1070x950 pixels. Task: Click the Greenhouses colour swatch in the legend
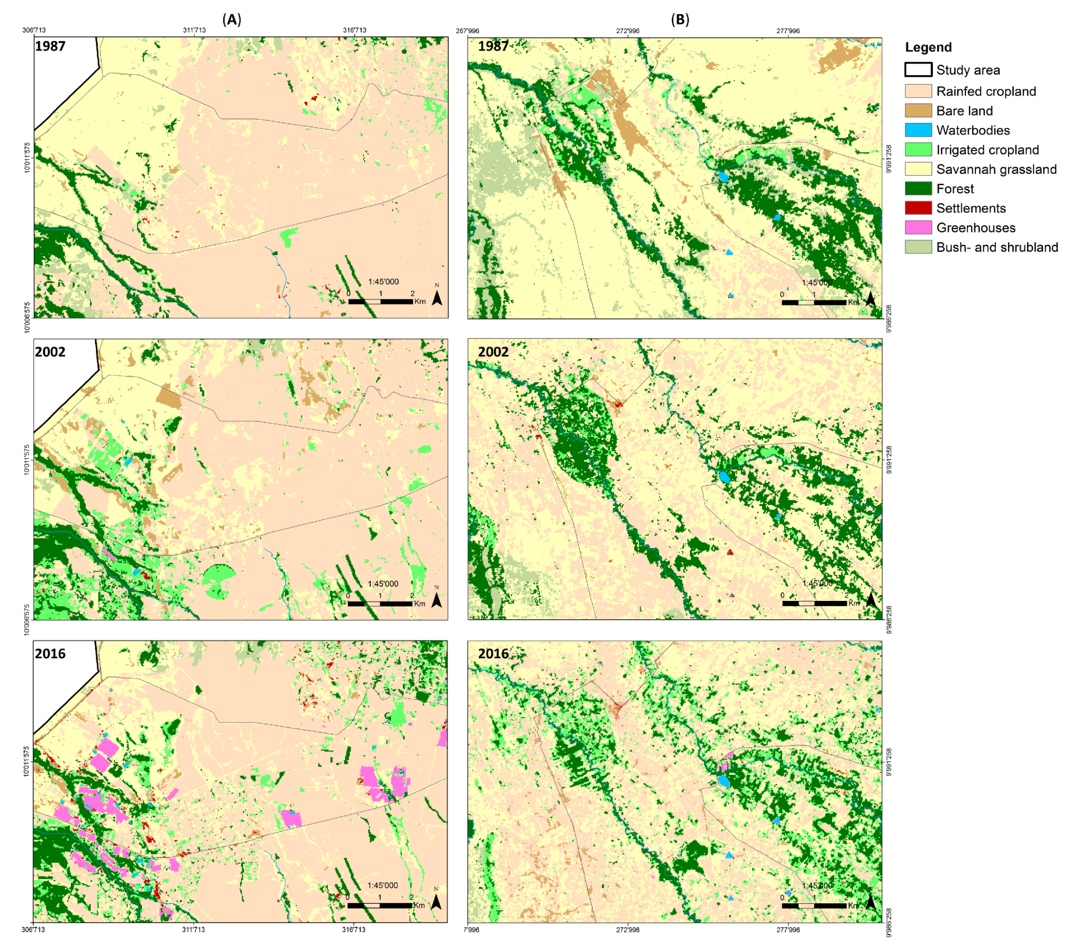tap(918, 227)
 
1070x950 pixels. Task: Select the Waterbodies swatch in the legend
tap(918, 130)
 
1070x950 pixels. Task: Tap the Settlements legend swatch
tap(918, 208)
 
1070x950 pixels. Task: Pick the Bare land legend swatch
tap(918, 110)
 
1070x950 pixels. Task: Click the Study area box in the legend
tap(918, 70)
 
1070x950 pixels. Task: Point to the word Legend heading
tap(928, 47)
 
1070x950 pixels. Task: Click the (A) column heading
tap(232, 19)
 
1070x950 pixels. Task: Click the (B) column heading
tap(680, 19)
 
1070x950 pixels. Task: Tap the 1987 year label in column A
tap(50, 46)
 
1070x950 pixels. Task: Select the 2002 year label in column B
tap(493, 352)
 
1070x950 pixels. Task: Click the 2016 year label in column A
tap(50, 653)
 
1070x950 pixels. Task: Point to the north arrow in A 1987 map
tap(437, 297)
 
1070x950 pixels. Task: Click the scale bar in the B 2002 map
tap(814, 604)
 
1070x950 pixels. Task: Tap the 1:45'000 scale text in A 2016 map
tap(382, 885)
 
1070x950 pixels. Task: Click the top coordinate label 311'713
tap(194, 30)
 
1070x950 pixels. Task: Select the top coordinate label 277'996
tap(787, 31)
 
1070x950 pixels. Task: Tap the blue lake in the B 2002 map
tap(724, 477)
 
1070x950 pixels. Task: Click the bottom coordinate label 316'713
tap(354, 930)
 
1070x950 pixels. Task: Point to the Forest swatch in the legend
tap(918, 188)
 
